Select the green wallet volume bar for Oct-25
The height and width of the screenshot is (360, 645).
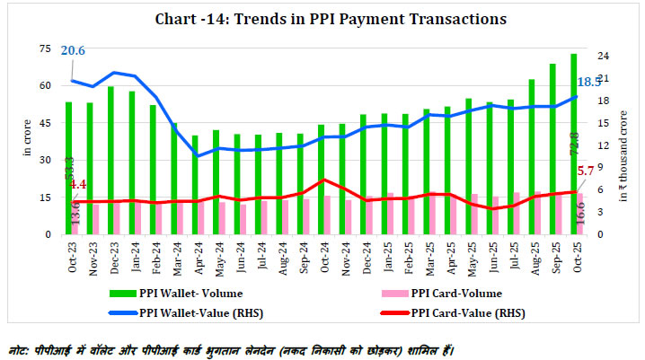click(573, 144)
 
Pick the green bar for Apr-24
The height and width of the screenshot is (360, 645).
click(195, 184)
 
